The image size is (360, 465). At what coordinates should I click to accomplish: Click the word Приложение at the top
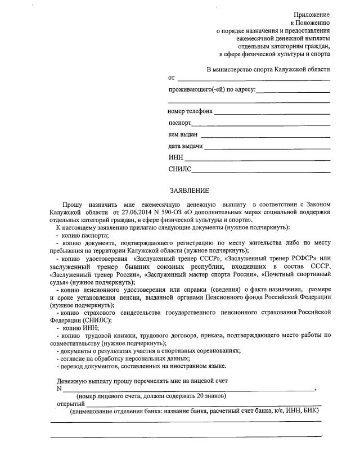pyautogui.click(x=312, y=14)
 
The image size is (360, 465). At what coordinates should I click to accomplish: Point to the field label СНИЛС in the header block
pyautogui.click(x=179, y=169)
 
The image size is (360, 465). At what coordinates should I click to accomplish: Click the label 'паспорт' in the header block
pyautogui.click(x=179, y=123)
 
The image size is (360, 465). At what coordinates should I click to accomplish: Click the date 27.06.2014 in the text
pyautogui.click(x=137, y=213)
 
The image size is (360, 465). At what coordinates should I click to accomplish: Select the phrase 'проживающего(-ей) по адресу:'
pyautogui.click(x=211, y=90)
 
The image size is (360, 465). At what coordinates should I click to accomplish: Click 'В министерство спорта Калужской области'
pyautogui.click(x=268, y=69)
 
